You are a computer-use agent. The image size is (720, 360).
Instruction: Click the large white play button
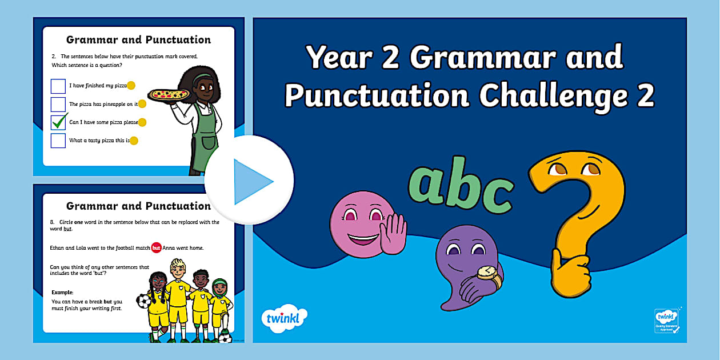tap(249, 181)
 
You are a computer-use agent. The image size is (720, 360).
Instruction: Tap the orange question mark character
tap(577, 217)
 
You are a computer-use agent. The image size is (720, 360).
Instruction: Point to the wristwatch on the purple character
tap(486, 273)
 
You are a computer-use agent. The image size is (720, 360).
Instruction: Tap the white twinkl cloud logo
tap(284, 318)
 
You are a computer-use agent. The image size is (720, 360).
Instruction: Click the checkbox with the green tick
tap(58, 122)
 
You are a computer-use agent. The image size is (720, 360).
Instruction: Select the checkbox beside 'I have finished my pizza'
tap(58, 86)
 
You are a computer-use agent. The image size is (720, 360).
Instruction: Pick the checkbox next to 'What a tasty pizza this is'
tap(58, 141)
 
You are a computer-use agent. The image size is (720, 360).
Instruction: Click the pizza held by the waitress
tap(169, 94)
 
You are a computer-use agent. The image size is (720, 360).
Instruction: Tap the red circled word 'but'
tap(157, 247)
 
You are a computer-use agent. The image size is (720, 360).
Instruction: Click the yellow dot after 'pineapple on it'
tap(142, 104)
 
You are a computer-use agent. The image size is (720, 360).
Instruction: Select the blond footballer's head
tap(177, 268)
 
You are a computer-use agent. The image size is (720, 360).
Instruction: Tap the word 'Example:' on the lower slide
tap(63, 292)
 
